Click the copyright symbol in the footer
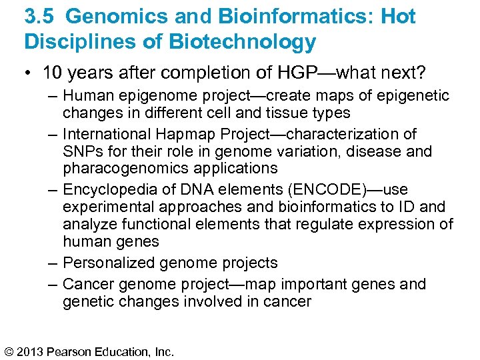pyautogui.click(x=10, y=351)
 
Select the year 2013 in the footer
pyautogui.click(x=32, y=351)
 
